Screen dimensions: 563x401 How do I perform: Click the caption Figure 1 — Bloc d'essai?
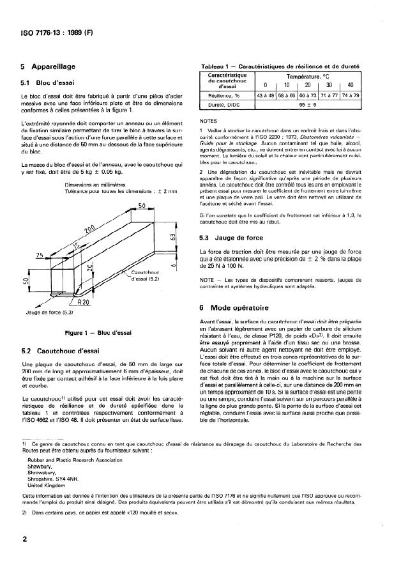pyautogui.click(x=94, y=333)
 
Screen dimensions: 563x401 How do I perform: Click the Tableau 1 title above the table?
pyautogui.click(x=280, y=66)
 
